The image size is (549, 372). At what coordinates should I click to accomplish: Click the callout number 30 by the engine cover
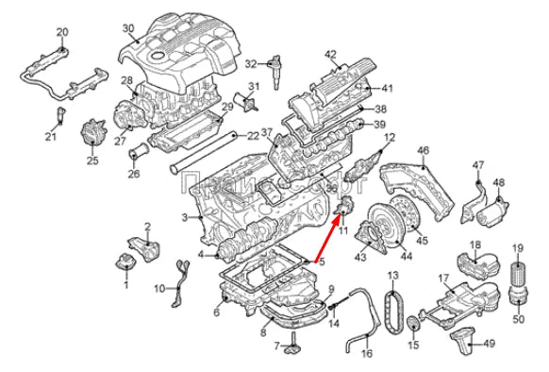pos(128,28)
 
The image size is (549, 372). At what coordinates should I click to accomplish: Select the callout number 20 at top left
pos(62,33)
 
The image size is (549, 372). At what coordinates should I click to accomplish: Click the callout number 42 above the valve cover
pos(330,54)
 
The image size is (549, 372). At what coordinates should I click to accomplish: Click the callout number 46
pos(423,150)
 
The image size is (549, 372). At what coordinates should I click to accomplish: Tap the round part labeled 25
pos(92,134)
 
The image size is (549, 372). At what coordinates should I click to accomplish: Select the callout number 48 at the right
pos(499,182)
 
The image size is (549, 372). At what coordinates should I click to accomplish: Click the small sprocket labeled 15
pos(412,328)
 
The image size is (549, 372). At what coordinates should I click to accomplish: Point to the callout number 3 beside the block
pos(185,219)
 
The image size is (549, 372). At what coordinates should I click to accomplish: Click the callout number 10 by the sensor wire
pos(158,287)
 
